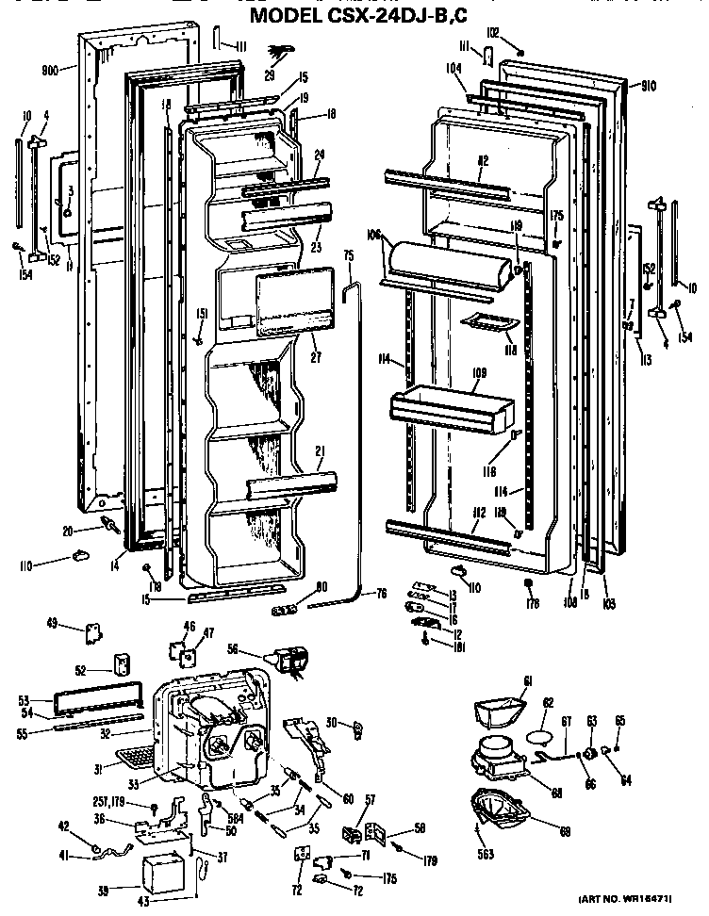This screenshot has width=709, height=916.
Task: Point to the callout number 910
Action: click(649, 85)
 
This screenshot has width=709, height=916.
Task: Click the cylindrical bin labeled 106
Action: click(451, 260)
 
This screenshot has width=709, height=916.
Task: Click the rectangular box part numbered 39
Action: click(161, 874)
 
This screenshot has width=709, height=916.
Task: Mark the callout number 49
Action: click(51, 622)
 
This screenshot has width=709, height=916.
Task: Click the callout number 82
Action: click(482, 161)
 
